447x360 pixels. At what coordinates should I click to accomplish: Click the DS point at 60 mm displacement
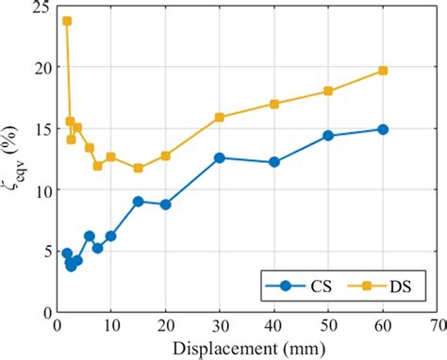[x=383, y=71]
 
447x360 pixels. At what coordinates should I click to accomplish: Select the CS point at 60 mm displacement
[x=383, y=129]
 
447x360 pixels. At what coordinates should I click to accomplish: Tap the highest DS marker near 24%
[x=66, y=21]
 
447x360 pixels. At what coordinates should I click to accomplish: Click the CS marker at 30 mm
[x=220, y=157]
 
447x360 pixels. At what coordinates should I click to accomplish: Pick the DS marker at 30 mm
[x=220, y=117]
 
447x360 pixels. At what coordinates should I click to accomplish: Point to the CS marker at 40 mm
[x=274, y=162]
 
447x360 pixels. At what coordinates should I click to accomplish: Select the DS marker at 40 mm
[x=274, y=104]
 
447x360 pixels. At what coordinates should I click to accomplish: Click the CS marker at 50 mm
[x=328, y=136]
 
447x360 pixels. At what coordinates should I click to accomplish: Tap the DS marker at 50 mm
[x=328, y=91]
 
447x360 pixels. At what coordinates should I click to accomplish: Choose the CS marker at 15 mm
[x=138, y=201]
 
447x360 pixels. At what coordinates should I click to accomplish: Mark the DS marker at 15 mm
[x=138, y=168]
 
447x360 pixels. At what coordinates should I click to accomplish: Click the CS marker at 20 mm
[x=165, y=205]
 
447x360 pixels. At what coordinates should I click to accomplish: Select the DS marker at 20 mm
[x=165, y=155]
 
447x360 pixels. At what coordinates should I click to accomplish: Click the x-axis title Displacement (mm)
[x=248, y=348]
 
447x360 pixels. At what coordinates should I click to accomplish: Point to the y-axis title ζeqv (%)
[x=13, y=157]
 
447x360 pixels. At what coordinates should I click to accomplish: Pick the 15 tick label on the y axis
[x=38, y=128]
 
